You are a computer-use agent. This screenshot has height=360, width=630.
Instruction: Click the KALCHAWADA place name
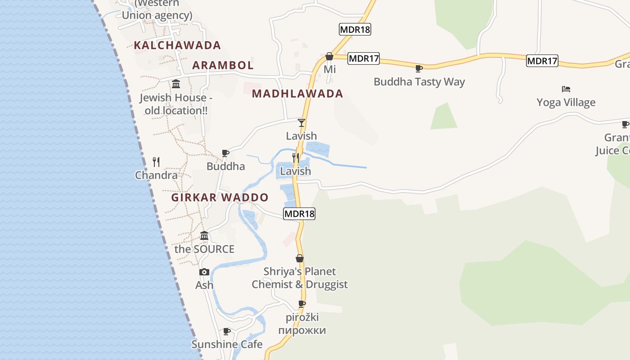[x=177, y=45]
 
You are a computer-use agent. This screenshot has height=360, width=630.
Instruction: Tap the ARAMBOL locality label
[x=223, y=65]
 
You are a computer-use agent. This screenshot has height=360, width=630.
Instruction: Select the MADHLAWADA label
[x=297, y=94]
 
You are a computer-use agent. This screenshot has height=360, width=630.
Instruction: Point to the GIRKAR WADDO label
[x=220, y=198]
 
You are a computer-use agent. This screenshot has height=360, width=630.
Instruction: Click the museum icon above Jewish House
[x=176, y=84]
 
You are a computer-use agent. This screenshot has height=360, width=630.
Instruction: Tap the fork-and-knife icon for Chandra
[x=156, y=162]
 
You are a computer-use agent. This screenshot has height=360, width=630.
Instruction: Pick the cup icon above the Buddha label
[x=226, y=153]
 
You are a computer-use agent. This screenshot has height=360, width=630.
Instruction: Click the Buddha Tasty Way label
[x=419, y=82]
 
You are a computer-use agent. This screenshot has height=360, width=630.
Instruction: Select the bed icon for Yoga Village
[x=566, y=89]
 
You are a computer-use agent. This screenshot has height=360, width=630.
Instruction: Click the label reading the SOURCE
[x=204, y=249]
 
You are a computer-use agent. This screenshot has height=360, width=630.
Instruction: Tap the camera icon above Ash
[x=204, y=272]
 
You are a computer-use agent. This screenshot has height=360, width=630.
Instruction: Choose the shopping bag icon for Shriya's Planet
[x=300, y=258]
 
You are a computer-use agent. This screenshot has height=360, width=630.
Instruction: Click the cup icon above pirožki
[x=302, y=304]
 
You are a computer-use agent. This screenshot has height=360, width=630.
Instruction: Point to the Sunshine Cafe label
[x=227, y=344]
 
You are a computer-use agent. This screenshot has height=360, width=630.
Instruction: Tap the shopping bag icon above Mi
[x=329, y=56]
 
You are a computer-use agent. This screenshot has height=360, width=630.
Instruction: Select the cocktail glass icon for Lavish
[x=301, y=122]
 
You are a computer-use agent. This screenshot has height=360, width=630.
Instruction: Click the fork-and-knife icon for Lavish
[x=296, y=157]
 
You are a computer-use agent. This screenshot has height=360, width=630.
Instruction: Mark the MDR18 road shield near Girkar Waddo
[x=299, y=214]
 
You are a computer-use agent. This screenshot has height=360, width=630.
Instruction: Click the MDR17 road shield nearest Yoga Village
[x=542, y=61]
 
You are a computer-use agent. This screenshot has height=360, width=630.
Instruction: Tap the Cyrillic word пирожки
[x=302, y=330]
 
